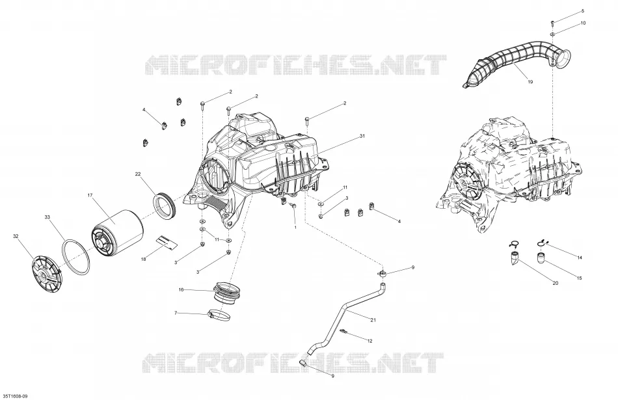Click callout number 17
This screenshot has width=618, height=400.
tap(90, 195)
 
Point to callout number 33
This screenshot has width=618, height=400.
tap(47, 217)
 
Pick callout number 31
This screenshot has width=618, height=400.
tap(362, 137)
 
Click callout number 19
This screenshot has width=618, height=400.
tap(530, 82)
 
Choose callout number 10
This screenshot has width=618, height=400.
tap(584, 23)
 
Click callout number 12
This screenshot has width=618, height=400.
tap(369, 341)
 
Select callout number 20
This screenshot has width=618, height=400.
tap(556, 283)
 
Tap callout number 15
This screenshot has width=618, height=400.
tap(580, 278)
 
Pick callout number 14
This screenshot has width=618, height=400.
tap(580, 258)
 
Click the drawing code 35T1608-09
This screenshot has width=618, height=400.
tap(15, 395)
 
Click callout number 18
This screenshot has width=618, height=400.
tap(144, 259)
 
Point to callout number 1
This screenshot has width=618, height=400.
tap(295, 228)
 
